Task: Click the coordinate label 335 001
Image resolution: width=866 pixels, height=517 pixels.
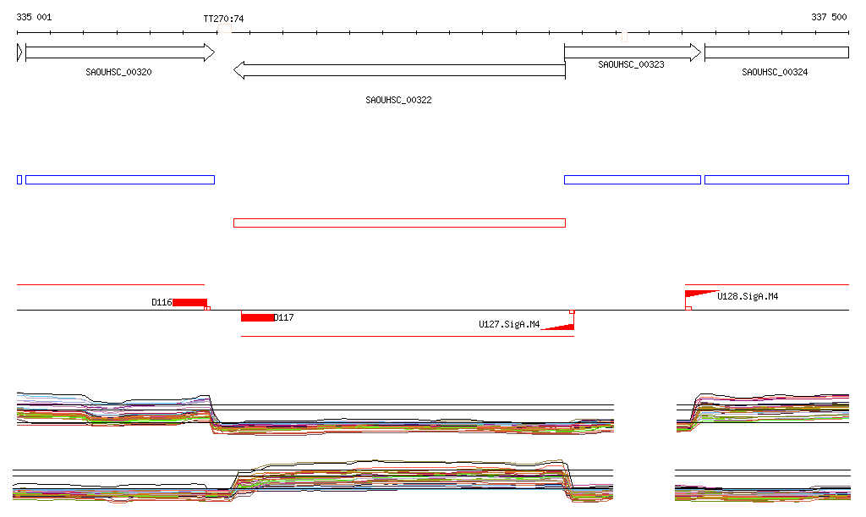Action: click(x=34, y=17)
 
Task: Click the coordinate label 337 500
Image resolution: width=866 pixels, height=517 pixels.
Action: click(x=829, y=17)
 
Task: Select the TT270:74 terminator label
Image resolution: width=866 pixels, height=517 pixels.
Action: click(x=223, y=19)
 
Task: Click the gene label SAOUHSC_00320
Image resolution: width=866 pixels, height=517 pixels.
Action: click(x=118, y=73)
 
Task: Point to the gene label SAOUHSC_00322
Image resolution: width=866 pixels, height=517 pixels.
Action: click(x=399, y=100)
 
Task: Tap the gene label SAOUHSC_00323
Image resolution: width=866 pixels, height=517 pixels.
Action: click(x=631, y=64)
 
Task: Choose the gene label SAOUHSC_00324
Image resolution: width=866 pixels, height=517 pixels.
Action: click(x=775, y=73)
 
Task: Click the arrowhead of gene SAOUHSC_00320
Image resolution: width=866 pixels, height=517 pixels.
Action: click(x=210, y=52)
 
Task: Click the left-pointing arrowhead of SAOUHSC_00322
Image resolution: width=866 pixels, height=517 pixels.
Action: click(x=239, y=70)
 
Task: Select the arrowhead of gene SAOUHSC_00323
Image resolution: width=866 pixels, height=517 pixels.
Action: click(x=696, y=52)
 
